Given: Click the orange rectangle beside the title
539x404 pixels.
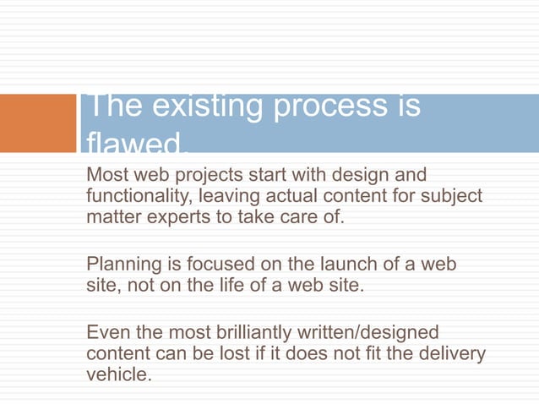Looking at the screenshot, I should coord(38,123).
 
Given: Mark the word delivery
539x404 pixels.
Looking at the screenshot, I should coord(452,353).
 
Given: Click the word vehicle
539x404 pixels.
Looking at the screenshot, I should coord(118,374).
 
